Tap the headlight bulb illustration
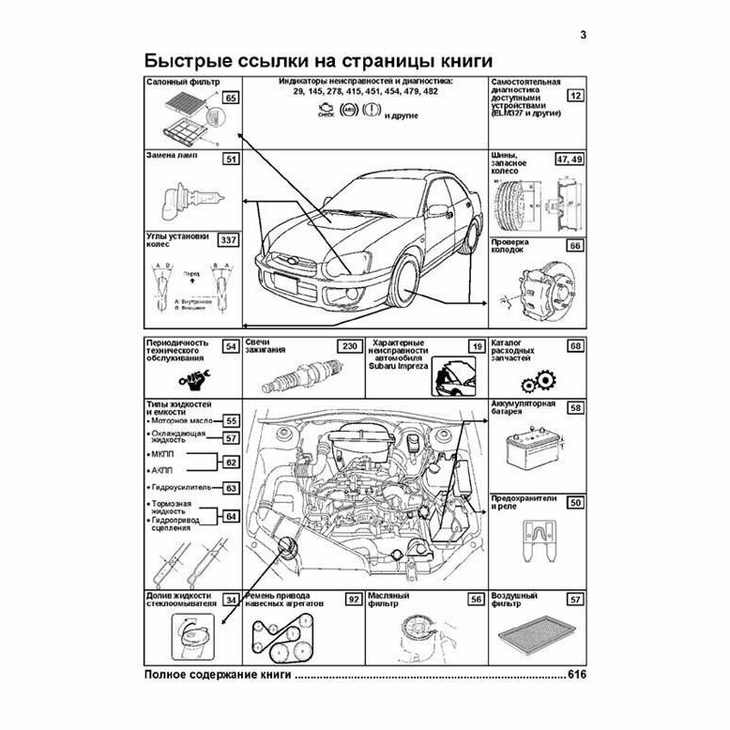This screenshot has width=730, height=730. pyautogui.click(x=190, y=196)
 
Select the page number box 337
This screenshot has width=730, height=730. pyautogui.click(x=228, y=240)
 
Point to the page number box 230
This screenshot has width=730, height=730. pyautogui.click(x=349, y=347)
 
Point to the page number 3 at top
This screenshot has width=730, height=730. pyautogui.click(x=583, y=37)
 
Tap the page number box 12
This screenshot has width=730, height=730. pyautogui.click(x=576, y=96)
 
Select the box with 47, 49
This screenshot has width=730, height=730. pyautogui.click(x=569, y=158)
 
